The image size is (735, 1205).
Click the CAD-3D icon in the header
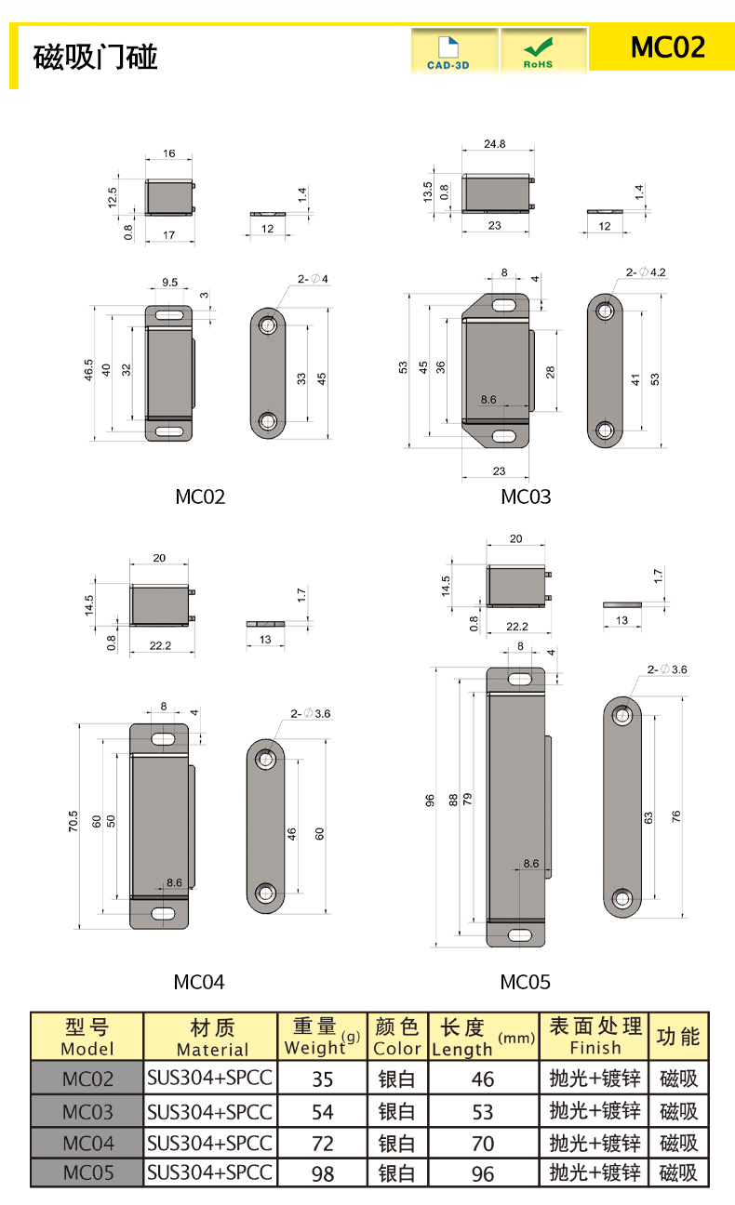(448, 52)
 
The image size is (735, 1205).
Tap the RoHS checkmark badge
(538, 52)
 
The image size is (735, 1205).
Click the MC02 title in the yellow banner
(668, 46)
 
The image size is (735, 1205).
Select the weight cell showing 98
(323, 1173)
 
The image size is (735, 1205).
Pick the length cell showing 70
(483, 1144)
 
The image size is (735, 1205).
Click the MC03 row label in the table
(87, 1112)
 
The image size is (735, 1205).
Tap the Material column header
(212, 1038)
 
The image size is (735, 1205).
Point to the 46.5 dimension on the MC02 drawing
(88, 370)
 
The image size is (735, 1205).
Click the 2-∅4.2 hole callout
(646, 272)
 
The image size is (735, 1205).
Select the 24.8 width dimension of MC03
(494, 143)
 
